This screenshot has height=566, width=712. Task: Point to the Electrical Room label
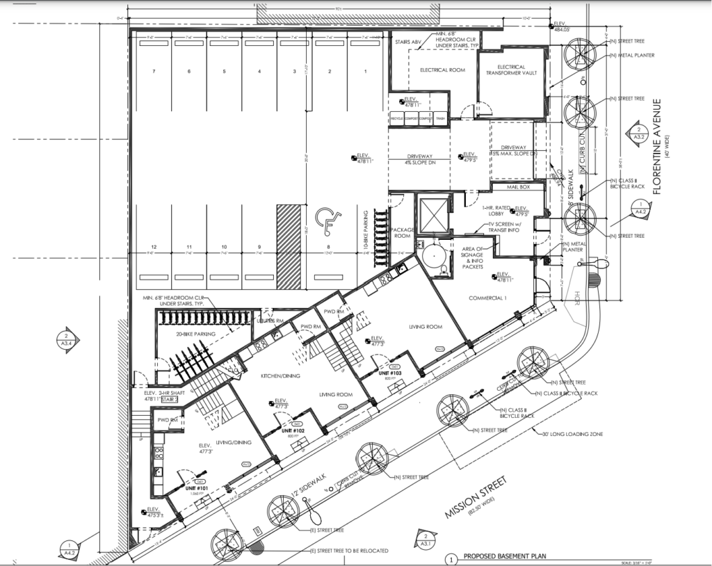442,70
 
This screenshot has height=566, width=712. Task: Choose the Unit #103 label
391,373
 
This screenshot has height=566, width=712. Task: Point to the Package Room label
403,232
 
